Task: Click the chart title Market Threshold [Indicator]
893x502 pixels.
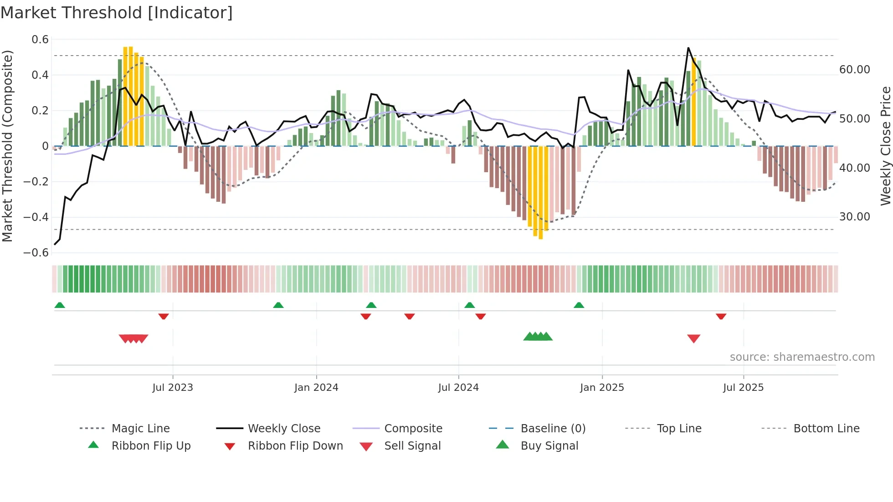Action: click(x=117, y=13)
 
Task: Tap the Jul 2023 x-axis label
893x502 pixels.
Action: click(x=173, y=388)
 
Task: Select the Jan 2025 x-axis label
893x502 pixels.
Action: click(x=602, y=388)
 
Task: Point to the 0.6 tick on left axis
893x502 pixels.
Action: click(x=40, y=40)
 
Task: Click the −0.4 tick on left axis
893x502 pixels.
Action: click(x=36, y=217)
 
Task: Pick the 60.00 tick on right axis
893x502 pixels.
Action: click(x=855, y=70)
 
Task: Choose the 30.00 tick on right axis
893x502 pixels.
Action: click(x=855, y=217)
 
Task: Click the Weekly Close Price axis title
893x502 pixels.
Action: click(x=885, y=146)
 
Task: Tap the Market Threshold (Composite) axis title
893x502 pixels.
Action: click(x=7, y=146)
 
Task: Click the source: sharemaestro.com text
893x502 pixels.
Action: click(x=802, y=357)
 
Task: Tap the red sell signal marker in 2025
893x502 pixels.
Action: click(x=693, y=338)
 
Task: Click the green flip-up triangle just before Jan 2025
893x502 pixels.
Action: click(x=579, y=305)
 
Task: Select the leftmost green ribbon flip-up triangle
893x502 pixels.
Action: click(x=60, y=305)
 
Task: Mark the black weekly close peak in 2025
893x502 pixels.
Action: click(x=688, y=48)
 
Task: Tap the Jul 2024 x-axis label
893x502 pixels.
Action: click(x=458, y=388)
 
